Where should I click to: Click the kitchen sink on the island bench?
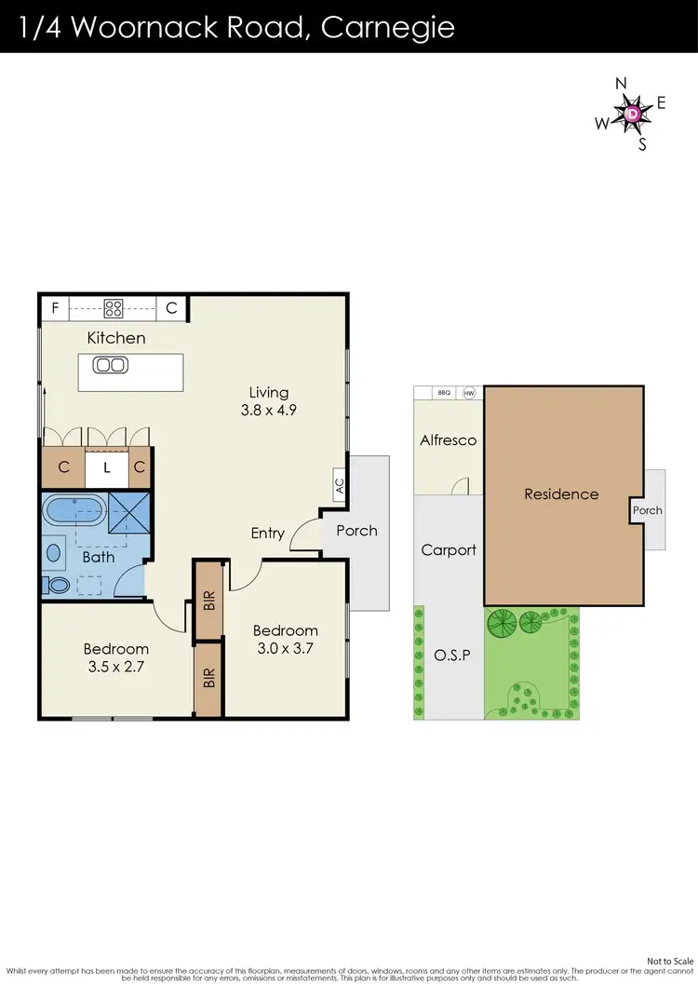click(110, 365)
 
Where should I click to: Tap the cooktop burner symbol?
click(114, 307)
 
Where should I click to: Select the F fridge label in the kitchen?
click(55, 307)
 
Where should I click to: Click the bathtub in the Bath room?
click(74, 510)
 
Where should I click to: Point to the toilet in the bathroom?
click(57, 586)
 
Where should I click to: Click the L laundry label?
click(106, 468)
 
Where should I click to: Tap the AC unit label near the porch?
click(339, 485)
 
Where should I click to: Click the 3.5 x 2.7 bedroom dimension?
click(116, 667)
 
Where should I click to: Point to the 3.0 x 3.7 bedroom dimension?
click(286, 648)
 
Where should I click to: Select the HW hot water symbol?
click(468, 393)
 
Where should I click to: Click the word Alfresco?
click(448, 440)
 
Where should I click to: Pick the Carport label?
click(448, 549)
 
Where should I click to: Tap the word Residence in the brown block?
click(561, 493)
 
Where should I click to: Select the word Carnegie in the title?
click(387, 27)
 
